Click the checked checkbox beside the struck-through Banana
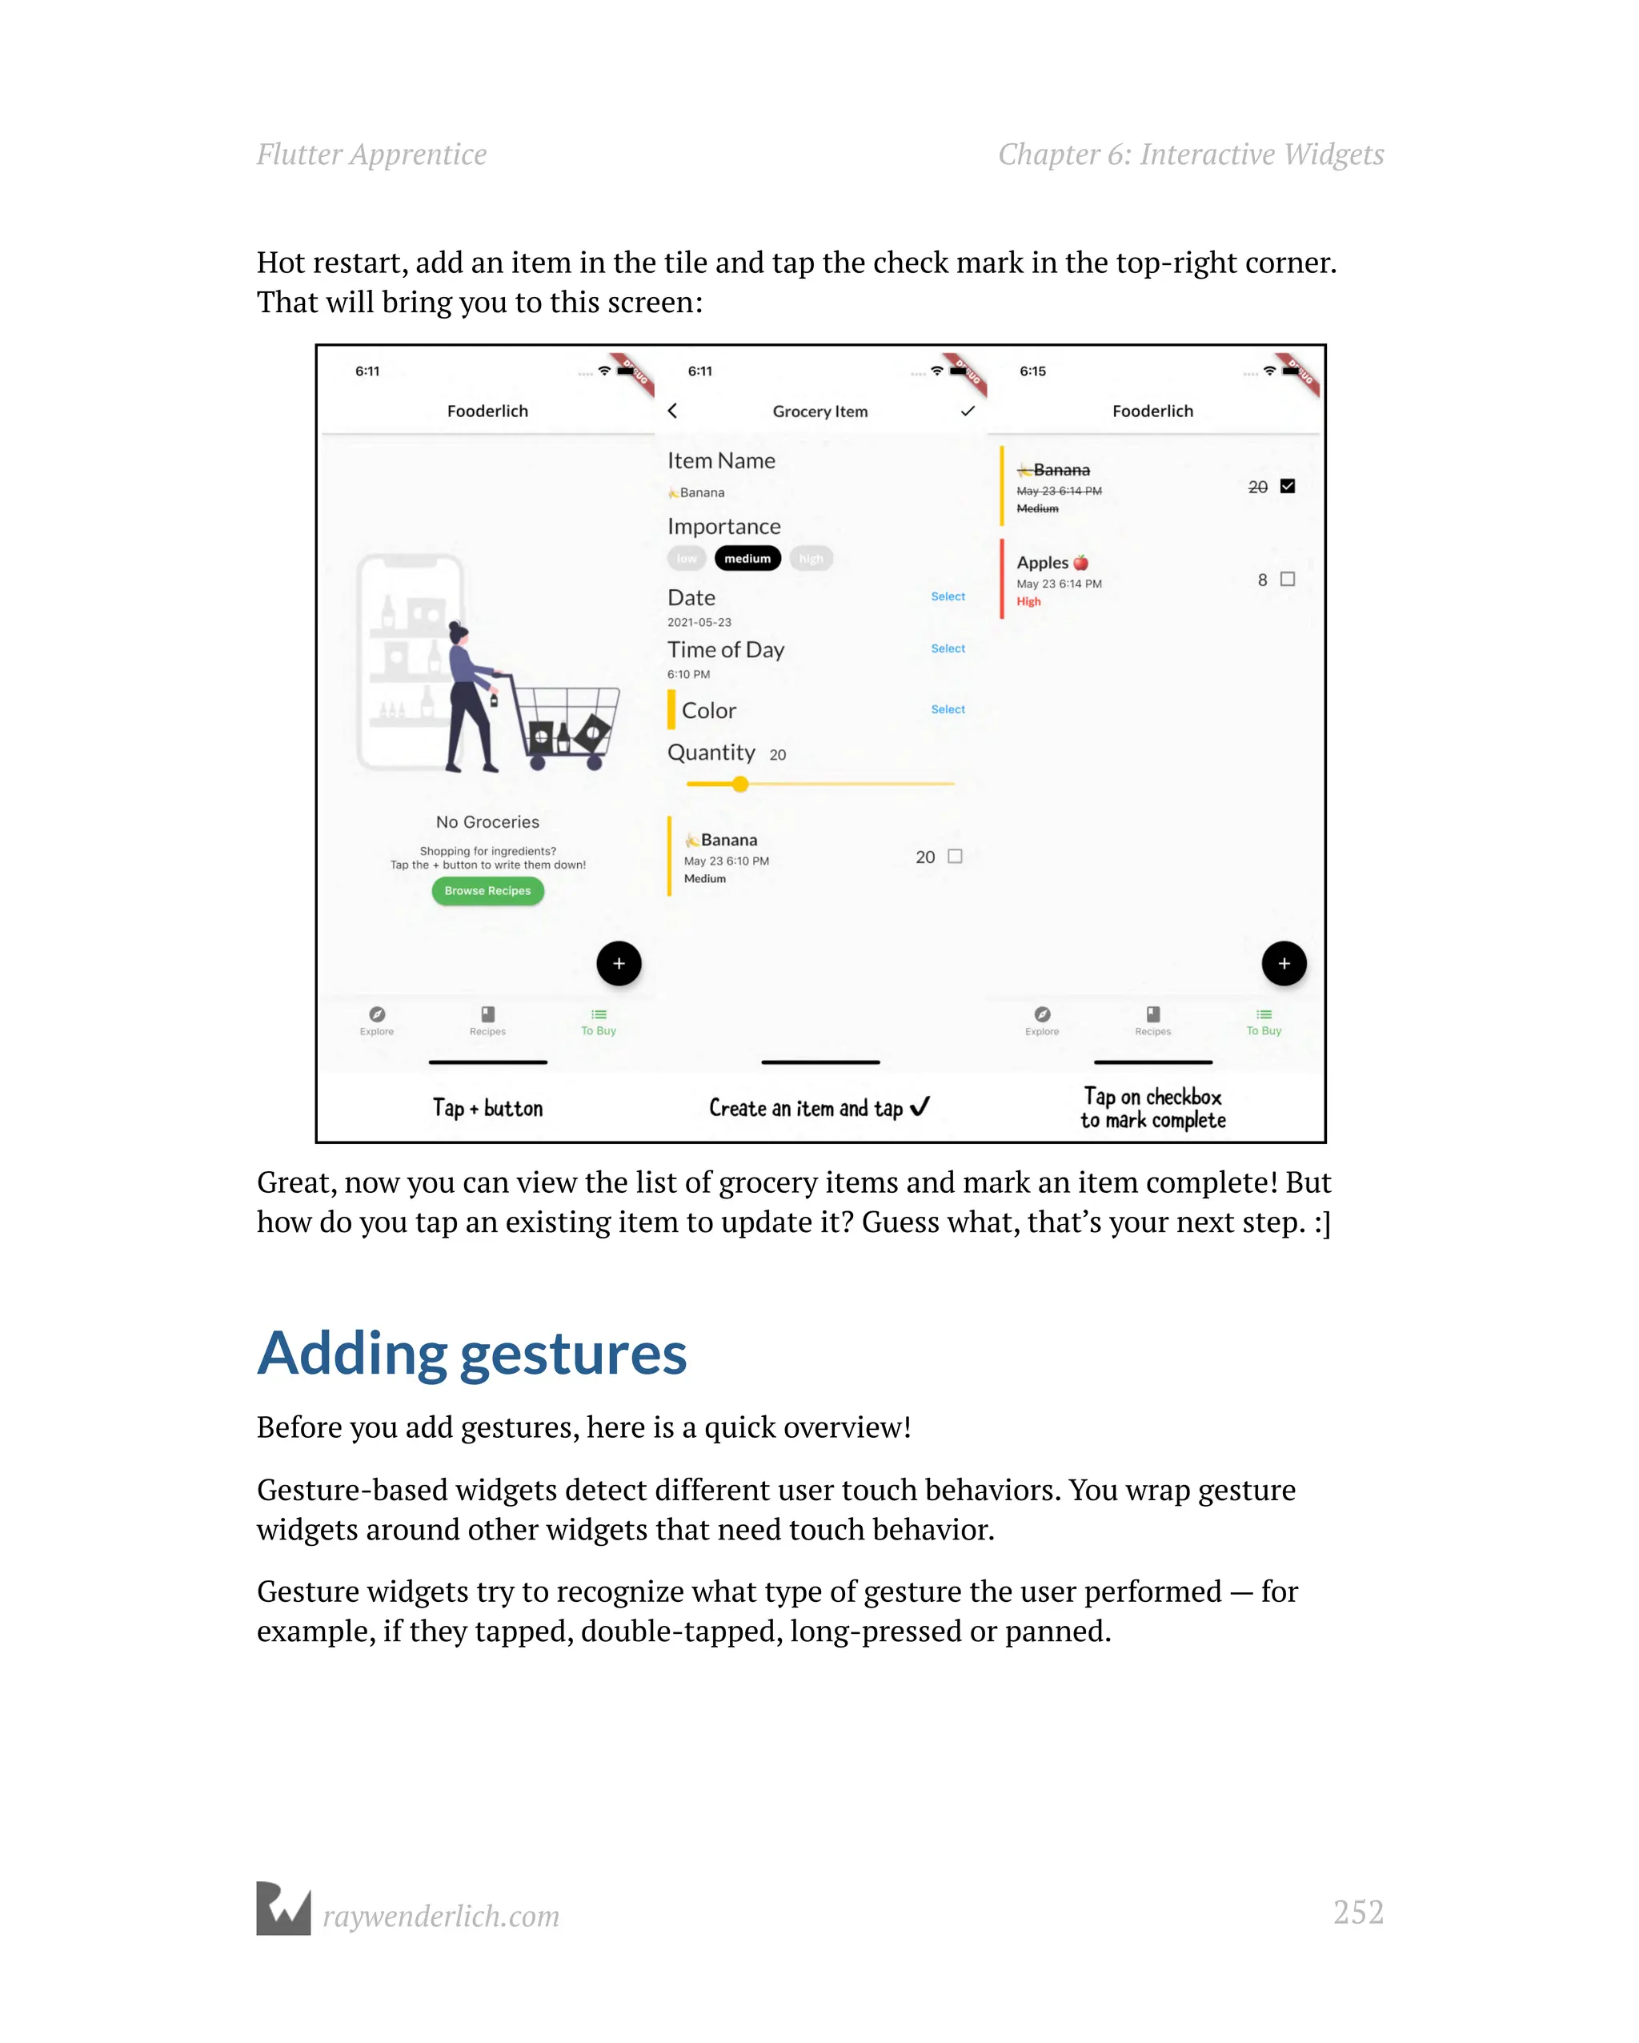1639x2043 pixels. (x=1287, y=486)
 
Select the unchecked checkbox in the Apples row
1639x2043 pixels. (x=1287, y=579)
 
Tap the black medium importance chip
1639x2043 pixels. (x=747, y=559)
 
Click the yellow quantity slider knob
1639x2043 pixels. (x=740, y=784)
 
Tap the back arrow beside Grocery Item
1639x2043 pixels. (x=673, y=411)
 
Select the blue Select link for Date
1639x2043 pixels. (x=948, y=597)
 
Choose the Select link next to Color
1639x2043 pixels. (x=948, y=710)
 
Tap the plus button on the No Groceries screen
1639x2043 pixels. (x=619, y=964)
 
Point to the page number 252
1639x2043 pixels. (x=1357, y=1913)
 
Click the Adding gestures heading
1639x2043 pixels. (x=472, y=1353)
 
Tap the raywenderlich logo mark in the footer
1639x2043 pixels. (x=283, y=1909)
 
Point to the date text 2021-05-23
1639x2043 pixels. (x=699, y=623)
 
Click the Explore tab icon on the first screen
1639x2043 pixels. (x=377, y=1015)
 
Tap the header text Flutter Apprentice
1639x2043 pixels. (x=371, y=155)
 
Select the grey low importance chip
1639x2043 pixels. (x=686, y=559)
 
